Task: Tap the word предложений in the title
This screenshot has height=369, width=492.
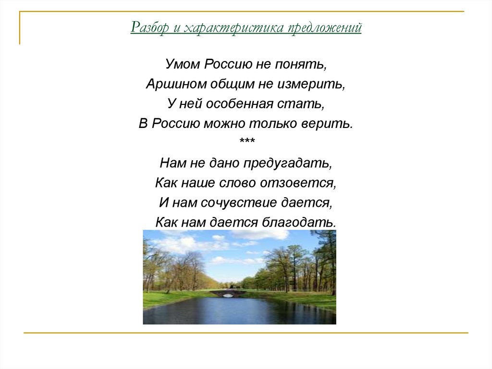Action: point(325,27)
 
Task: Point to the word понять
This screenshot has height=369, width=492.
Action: point(301,65)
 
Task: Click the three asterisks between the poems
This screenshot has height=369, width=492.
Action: point(247,140)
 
